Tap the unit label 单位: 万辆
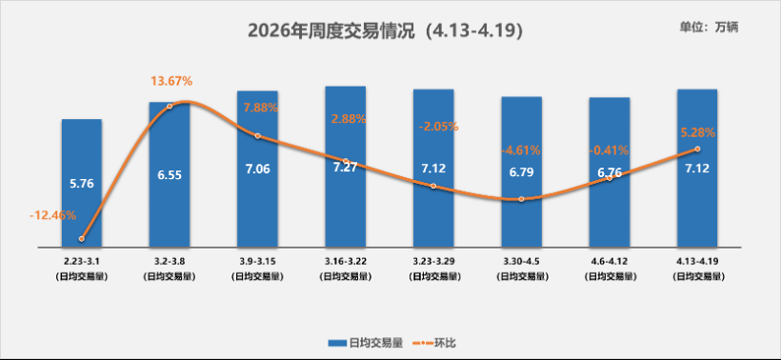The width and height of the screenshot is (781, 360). pyautogui.click(x=710, y=27)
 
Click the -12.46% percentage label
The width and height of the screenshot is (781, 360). pyautogui.click(x=53, y=215)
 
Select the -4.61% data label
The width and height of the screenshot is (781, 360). pyautogui.click(x=521, y=150)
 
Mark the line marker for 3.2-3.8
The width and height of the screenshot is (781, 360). pyautogui.click(x=170, y=106)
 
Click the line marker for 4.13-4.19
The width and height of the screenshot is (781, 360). pyautogui.click(x=697, y=150)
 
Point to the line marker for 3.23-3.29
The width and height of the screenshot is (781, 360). pyautogui.click(x=433, y=186)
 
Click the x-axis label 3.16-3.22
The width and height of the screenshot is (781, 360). pyautogui.click(x=346, y=259)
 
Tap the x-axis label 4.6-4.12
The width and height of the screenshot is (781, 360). pyautogui.click(x=609, y=259)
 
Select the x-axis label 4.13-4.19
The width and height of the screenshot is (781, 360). pyautogui.click(x=697, y=259)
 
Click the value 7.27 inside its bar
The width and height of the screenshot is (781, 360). pyautogui.click(x=346, y=168)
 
